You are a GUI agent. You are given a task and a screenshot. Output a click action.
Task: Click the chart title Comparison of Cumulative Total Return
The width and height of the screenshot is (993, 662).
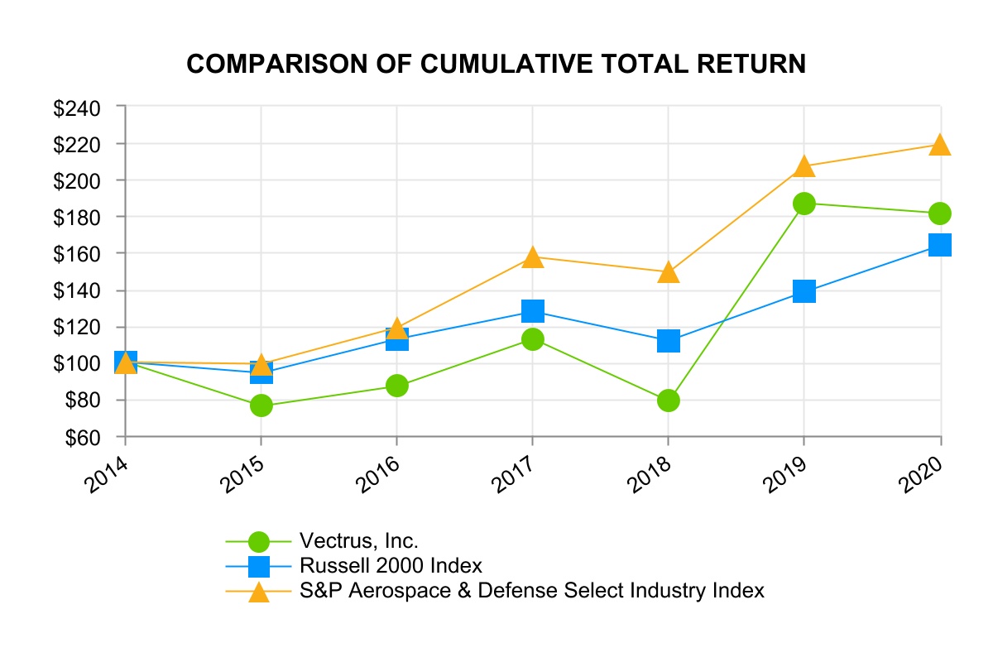496,64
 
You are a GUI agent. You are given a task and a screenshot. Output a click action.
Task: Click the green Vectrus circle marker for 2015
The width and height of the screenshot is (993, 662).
261,405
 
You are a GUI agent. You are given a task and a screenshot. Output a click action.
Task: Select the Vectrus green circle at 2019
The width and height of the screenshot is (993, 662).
804,204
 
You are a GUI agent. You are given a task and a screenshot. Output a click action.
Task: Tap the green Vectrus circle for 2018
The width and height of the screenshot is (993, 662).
669,401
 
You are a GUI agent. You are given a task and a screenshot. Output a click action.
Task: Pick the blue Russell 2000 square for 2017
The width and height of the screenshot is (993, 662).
533,311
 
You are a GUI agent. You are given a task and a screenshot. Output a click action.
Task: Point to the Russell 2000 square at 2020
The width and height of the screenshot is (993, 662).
940,245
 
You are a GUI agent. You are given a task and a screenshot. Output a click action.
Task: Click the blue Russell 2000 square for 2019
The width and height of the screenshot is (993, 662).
804,291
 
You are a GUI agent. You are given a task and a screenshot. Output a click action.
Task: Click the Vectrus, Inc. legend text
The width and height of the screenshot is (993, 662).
359,541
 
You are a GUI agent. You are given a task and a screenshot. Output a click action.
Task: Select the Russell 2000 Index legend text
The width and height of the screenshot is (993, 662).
391,566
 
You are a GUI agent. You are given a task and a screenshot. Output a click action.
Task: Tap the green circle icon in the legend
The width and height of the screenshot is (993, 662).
259,541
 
